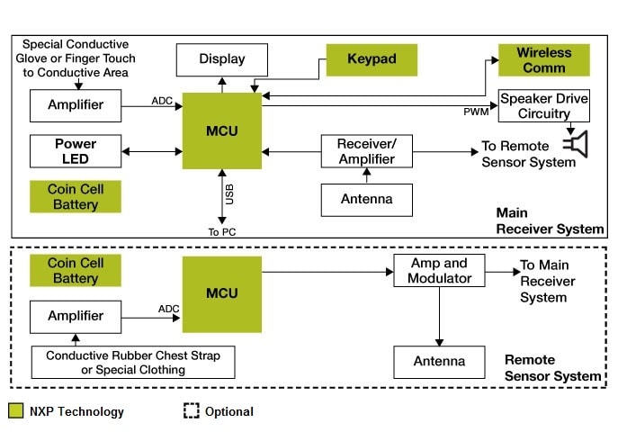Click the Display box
pos(221,60)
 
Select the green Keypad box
pos(371,60)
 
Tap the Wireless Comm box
pos(543,60)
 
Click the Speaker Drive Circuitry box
pos(543,106)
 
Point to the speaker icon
pos(575,144)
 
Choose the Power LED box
pos(76,151)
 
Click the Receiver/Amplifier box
pos(367,151)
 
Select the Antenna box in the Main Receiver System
pos(367,199)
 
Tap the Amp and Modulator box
pos(439,271)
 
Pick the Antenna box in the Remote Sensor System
pos(439,362)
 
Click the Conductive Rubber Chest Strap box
pos(132,363)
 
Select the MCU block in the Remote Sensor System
pos(222,293)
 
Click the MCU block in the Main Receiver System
pos(222,130)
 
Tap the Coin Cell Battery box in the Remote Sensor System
pos(76,272)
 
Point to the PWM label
pos(475,112)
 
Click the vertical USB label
pos(230,192)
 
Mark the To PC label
pos(221,231)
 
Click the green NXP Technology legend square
pos(15,411)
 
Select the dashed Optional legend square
pos(191,411)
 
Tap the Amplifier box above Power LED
pos(76,106)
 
